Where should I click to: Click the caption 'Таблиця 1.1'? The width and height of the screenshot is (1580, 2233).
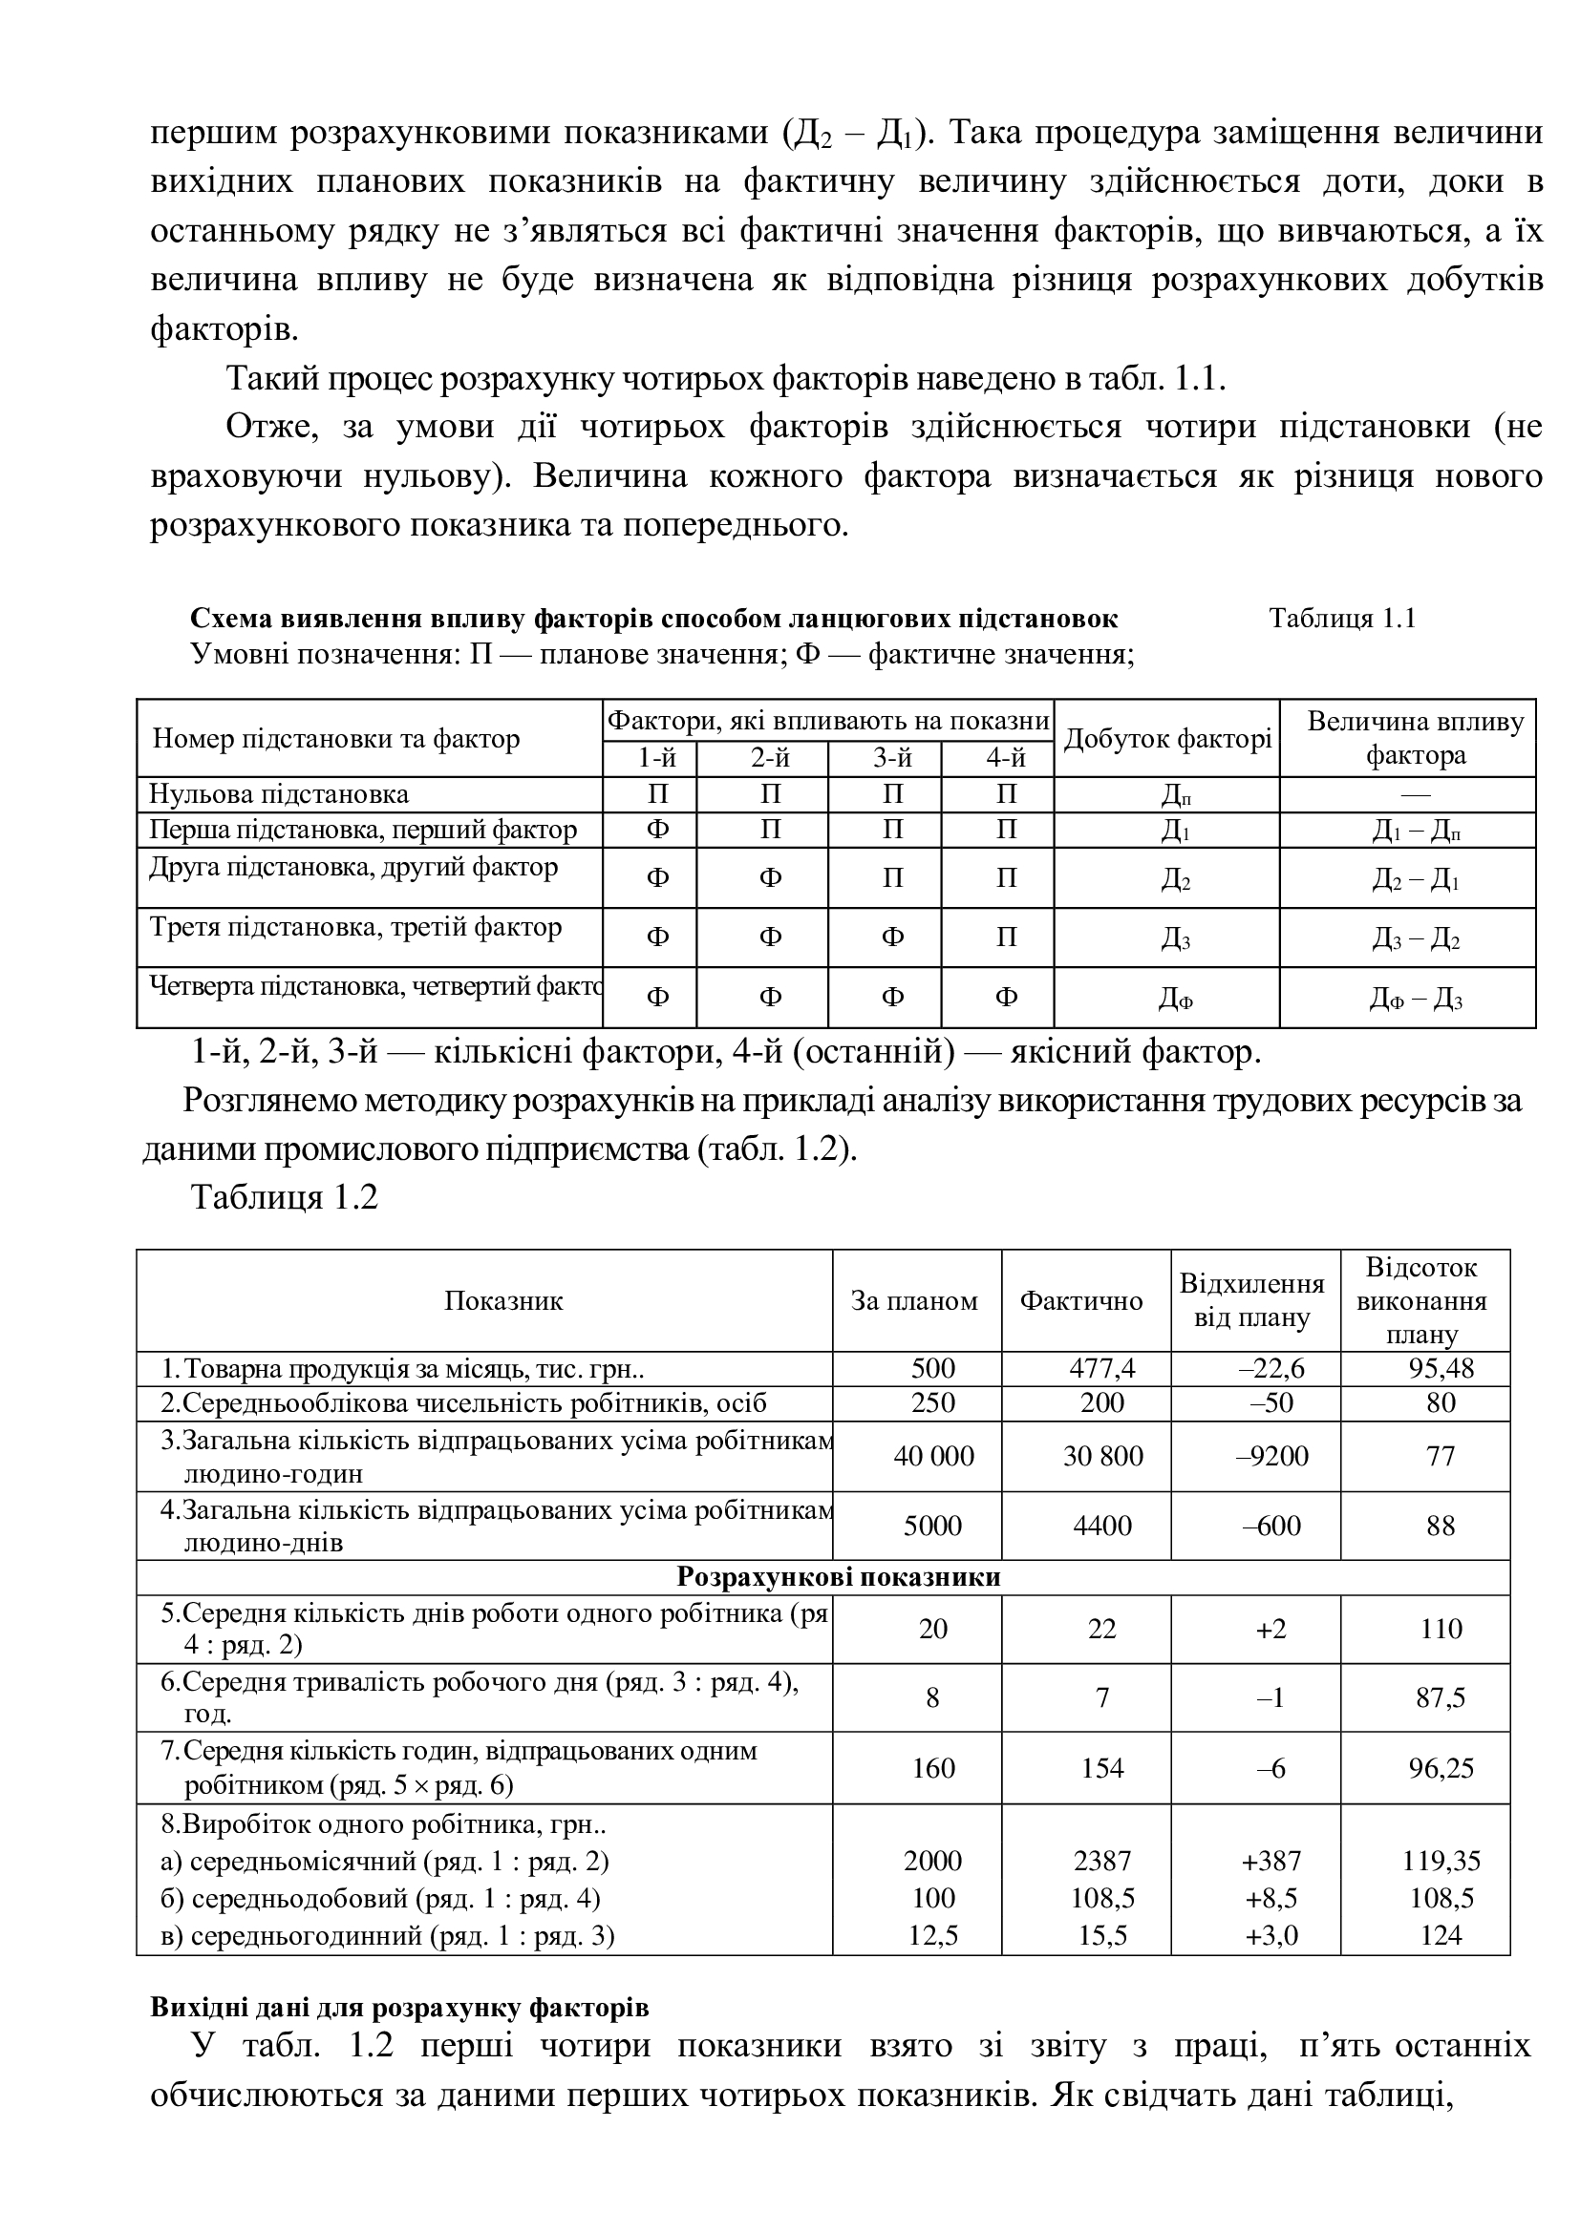(x=1341, y=619)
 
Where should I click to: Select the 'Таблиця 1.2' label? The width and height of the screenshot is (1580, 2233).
(x=284, y=1197)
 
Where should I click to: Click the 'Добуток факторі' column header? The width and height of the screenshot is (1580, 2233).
(x=1166, y=739)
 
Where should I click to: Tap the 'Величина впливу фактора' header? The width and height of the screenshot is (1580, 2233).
(x=1415, y=738)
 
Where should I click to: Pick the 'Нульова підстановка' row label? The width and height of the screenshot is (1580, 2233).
(x=279, y=793)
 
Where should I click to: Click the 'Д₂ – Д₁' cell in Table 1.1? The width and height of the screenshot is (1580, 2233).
(x=1415, y=879)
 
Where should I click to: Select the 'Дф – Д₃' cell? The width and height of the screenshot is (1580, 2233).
(x=1415, y=999)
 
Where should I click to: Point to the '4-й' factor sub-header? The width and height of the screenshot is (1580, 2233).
(x=1006, y=758)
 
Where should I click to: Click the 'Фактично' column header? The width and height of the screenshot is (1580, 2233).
(x=1081, y=1301)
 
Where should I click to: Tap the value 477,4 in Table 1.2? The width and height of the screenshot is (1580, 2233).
(x=1101, y=1369)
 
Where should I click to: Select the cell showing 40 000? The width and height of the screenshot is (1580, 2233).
(x=933, y=1456)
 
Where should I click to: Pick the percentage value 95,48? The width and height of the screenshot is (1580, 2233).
(x=1440, y=1369)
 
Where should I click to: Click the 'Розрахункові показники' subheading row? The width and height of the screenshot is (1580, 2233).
(x=838, y=1576)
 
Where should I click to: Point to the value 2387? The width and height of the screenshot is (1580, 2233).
(x=1101, y=1861)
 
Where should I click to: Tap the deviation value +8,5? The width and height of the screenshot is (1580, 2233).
(x=1270, y=1898)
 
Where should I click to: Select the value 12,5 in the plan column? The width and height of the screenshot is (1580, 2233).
(x=933, y=1935)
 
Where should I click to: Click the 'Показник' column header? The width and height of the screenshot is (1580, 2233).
(x=503, y=1301)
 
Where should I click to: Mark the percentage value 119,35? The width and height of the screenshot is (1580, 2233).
(x=1440, y=1861)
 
